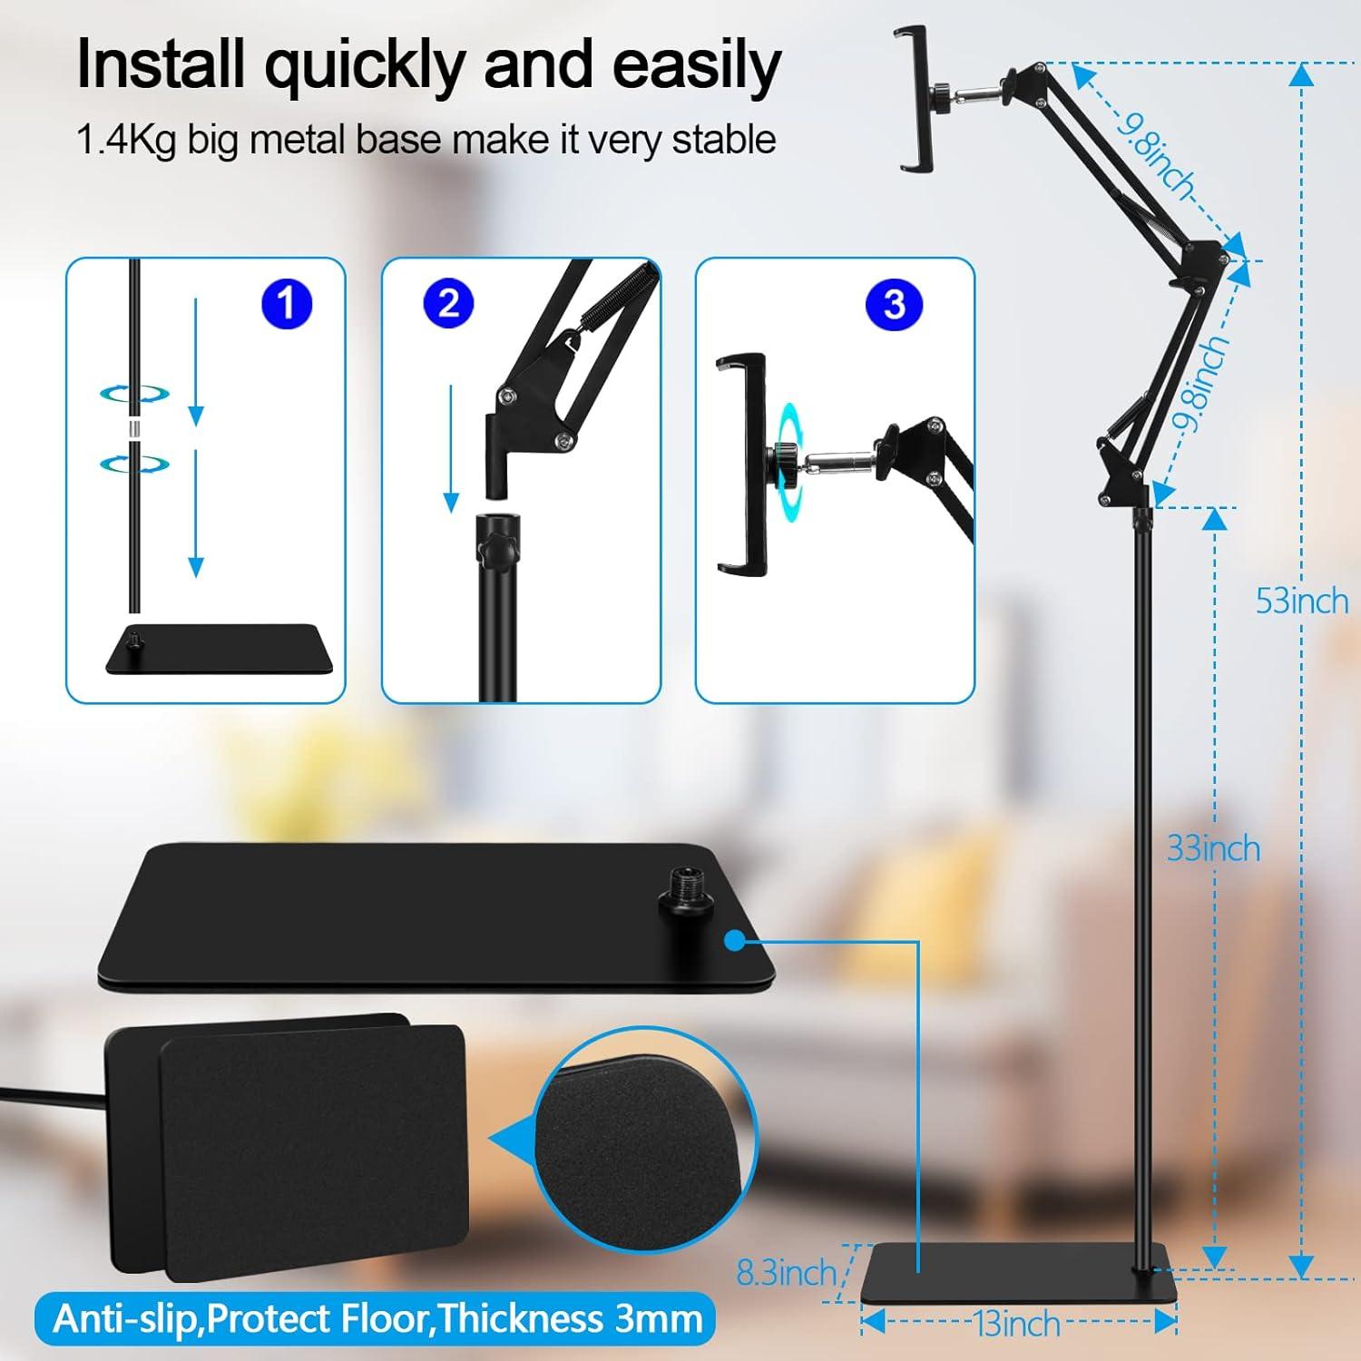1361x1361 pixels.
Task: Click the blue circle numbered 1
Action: (287, 304)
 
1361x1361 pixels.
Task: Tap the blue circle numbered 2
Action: (448, 304)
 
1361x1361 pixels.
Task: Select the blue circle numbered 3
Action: (894, 304)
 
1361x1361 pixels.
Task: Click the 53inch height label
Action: (1301, 601)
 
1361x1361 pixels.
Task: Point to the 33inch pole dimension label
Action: (1213, 848)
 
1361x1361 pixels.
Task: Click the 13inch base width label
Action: (1017, 1324)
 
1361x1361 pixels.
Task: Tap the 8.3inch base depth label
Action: (786, 1272)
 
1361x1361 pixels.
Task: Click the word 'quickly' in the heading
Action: (367, 65)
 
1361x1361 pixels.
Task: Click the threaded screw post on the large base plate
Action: (681, 887)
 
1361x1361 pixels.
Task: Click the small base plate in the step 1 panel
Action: (220, 650)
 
